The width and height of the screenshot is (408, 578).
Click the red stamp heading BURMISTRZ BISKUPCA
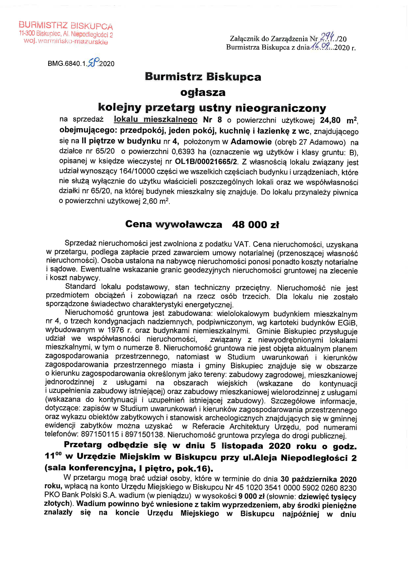pyautogui.click(x=66, y=25)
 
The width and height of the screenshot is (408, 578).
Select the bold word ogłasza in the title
pyautogui.click(x=203, y=92)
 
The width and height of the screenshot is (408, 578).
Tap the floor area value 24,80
pyautogui.click(x=330, y=120)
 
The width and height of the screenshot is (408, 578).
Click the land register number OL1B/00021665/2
pyautogui.click(x=206, y=161)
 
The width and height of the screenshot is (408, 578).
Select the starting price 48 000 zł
pyautogui.click(x=255, y=224)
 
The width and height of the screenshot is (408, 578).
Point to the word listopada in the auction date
pyautogui.click(x=242, y=446)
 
